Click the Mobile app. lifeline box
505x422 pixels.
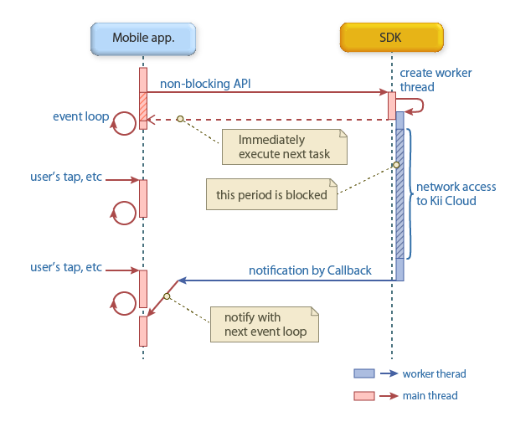(142, 37)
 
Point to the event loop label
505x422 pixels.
(80, 116)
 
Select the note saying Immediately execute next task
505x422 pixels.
(283, 147)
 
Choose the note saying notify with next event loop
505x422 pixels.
(263, 324)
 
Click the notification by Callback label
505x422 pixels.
(310, 270)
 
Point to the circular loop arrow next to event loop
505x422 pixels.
(125, 125)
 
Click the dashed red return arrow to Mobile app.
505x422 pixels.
(268, 119)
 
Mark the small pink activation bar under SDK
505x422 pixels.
(391, 105)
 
